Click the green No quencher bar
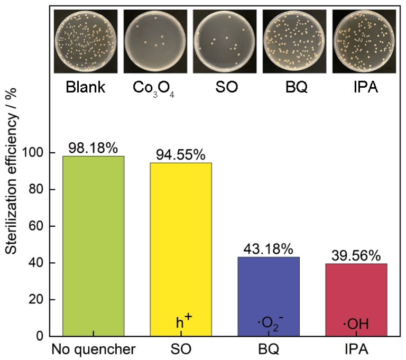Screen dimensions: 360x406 (x=93, y=246)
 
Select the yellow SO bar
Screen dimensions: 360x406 (x=181, y=249)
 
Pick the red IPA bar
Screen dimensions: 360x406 (x=356, y=299)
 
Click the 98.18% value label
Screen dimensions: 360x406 (x=93, y=148)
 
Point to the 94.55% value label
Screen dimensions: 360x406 (x=180, y=155)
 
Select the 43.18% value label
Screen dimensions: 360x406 (x=269, y=249)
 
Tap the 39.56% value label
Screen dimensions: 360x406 (x=356, y=256)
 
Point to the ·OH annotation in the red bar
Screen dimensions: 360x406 (x=356, y=322)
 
